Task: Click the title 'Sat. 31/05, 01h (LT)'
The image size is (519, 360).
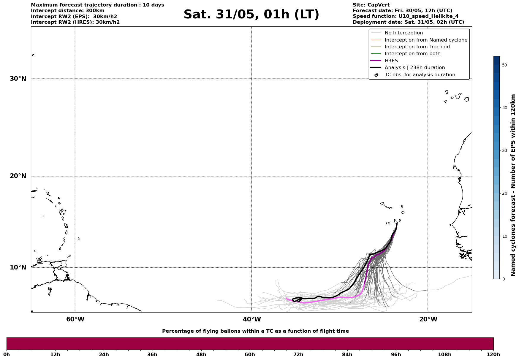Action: pyautogui.click(x=251, y=15)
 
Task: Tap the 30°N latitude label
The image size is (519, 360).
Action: pyautogui.click(x=18, y=79)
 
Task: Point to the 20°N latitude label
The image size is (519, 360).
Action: pyautogui.click(x=18, y=176)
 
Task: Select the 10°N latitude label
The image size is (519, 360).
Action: pyautogui.click(x=18, y=267)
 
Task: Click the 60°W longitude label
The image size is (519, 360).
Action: pyautogui.click(x=75, y=319)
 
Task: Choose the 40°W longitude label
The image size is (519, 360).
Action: pyautogui.click(x=252, y=319)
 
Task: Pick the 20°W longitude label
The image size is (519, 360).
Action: pyautogui.click(x=428, y=319)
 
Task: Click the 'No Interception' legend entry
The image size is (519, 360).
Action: pyautogui.click(x=404, y=33)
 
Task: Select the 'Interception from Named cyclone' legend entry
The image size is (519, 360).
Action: pyautogui.click(x=426, y=40)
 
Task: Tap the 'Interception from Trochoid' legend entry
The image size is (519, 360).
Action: pyautogui.click(x=417, y=47)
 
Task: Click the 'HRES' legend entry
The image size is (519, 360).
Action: pyautogui.click(x=391, y=61)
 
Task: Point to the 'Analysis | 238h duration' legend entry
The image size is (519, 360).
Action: pyautogui.click(x=414, y=68)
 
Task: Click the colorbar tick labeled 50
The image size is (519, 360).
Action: pyautogui.click(x=504, y=65)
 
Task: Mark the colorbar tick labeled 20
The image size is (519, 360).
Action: pyautogui.click(x=504, y=194)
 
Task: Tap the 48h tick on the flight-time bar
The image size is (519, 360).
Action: pyautogui.click(x=201, y=354)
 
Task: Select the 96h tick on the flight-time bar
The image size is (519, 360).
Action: pyautogui.click(x=396, y=354)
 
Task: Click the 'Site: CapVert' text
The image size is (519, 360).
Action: pyautogui.click(x=371, y=5)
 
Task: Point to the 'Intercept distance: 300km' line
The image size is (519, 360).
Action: pyautogui.click(x=67, y=11)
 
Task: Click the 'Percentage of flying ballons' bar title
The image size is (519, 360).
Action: pyautogui.click(x=255, y=331)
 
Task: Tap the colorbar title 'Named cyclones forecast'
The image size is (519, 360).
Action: pyautogui.click(x=513, y=185)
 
